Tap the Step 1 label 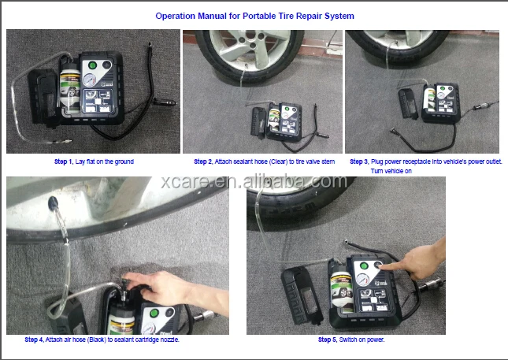[64, 161]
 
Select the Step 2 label [203, 161]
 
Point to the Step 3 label [359, 161]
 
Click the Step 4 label [34, 340]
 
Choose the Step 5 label [328, 340]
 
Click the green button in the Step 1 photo [92, 65]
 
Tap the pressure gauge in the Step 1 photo [89, 80]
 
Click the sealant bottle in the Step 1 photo [70, 87]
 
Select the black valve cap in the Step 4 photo [53, 202]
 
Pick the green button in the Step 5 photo [364, 266]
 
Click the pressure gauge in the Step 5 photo [362, 280]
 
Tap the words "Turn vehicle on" [391, 171]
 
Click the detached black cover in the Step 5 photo [301, 294]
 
